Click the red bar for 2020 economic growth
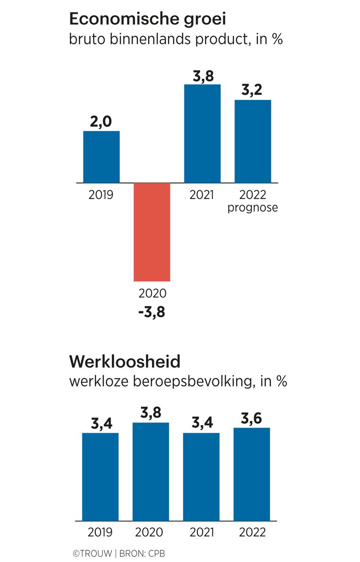pyautogui.click(x=151, y=232)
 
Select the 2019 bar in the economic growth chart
pyautogui.click(x=101, y=157)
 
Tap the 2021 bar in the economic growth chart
pyautogui.click(x=202, y=134)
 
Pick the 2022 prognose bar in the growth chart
pyautogui.click(x=253, y=141)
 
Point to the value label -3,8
pyautogui.click(x=151, y=312)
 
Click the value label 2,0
pyautogui.click(x=101, y=121)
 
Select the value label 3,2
pyautogui.click(x=253, y=90)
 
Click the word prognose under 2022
pyautogui.click(x=252, y=208)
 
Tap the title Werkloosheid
pyautogui.click(x=125, y=362)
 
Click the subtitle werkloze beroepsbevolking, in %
pyautogui.click(x=178, y=381)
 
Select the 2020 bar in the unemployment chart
pyautogui.click(x=151, y=471)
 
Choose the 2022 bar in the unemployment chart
pyautogui.click(x=252, y=474)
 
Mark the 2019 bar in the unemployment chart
pyautogui.click(x=100, y=477)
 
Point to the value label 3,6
pyautogui.click(x=252, y=418)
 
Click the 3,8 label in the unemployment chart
pyautogui.click(x=151, y=413)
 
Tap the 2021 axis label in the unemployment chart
pyautogui.click(x=202, y=532)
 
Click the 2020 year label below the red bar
pyautogui.click(x=152, y=293)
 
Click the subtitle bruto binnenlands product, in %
pyautogui.click(x=176, y=39)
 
